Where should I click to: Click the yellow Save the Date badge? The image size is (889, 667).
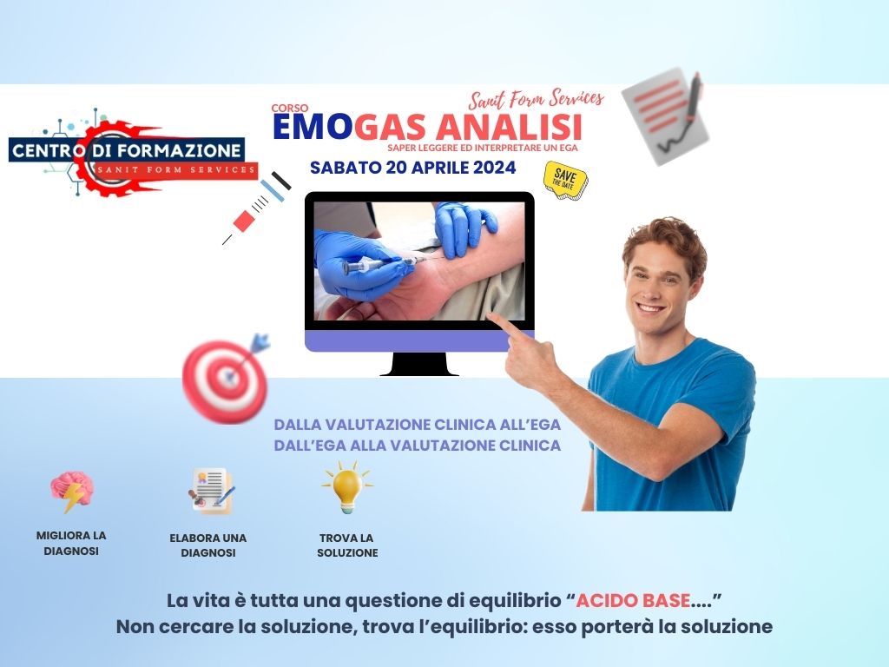565,180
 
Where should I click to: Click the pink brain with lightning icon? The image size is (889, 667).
71,492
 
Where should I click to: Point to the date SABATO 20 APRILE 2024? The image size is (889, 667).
412,168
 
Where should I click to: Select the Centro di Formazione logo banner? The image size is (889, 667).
133,153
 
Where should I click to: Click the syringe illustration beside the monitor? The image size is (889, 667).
256,208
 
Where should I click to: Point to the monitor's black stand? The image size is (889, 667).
419,364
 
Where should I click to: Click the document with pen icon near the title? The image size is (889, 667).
666,116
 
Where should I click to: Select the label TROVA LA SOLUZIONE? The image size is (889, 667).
347,545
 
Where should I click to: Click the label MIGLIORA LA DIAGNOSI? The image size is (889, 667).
71,543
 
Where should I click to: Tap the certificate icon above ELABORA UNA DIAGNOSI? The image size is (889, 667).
211,492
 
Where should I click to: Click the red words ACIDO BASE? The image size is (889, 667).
633,600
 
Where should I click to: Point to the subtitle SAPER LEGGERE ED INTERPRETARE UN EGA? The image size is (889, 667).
483,148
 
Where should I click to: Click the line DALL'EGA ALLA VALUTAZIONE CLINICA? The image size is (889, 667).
418,446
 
